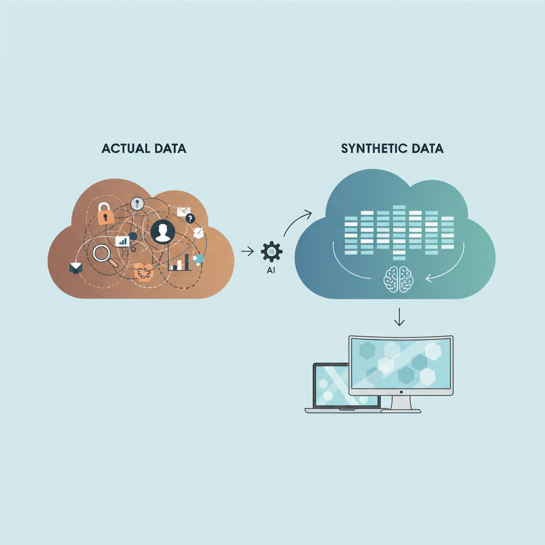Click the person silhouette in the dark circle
(x=163, y=232)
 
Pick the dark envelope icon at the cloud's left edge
(x=76, y=268)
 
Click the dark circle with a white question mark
(x=190, y=218)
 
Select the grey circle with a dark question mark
(x=137, y=203)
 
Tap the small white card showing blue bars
(x=122, y=241)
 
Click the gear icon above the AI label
(x=271, y=252)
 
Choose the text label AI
(x=271, y=270)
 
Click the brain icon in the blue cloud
(x=399, y=279)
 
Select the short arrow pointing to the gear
(x=247, y=251)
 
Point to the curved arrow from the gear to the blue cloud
(x=295, y=221)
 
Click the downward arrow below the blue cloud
(x=399, y=317)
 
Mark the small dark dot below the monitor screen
(x=401, y=392)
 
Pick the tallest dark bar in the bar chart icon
(x=187, y=262)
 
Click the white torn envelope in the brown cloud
(x=184, y=212)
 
